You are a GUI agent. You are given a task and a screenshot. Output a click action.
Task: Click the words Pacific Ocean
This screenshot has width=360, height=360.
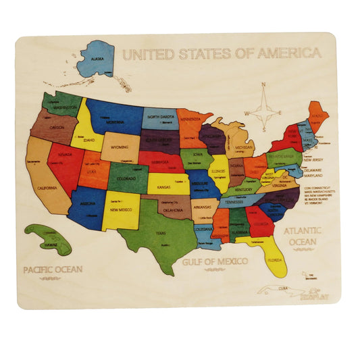pos(53,269)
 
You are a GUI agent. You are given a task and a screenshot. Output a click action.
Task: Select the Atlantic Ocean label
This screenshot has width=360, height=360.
pos(302,236)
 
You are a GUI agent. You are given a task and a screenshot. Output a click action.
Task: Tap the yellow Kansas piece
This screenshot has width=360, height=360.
pos(168,182)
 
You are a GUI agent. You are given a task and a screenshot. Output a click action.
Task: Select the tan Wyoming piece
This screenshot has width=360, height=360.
pos(119,147)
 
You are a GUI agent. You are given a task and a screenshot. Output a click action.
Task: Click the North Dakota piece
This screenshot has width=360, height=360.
pos(159,118)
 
